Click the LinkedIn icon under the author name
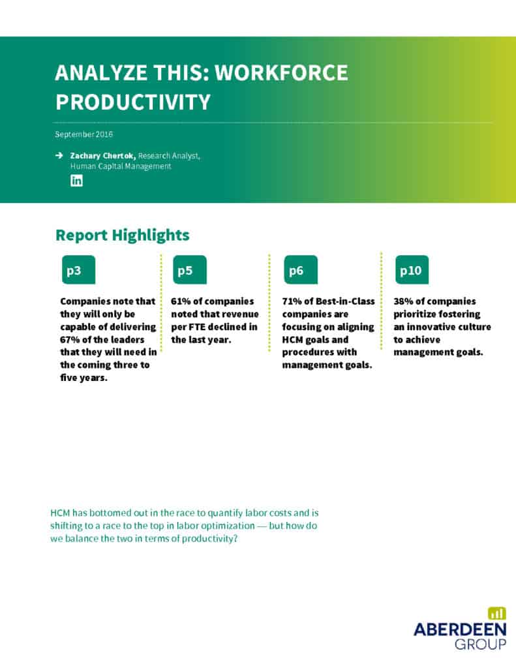coord(76,181)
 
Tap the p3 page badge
coord(78,269)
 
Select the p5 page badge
coord(190,269)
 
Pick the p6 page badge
coord(301,269)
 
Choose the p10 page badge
coord(412,269)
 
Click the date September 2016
coord(84,134)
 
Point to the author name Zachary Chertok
coord(102,156)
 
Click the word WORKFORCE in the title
coord(281,72)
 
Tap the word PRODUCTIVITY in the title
coord(133,102)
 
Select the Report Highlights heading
coord(122,235)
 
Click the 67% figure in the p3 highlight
coord(69,339)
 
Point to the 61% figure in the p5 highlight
coord(181,301)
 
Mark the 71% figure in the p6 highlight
coord(292,301)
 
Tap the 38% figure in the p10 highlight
coord(403,301)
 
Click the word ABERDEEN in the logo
coord(460,630)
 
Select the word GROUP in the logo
coord(481,644)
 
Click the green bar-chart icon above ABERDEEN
coord(497,613)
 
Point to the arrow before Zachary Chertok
coord(59,155)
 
